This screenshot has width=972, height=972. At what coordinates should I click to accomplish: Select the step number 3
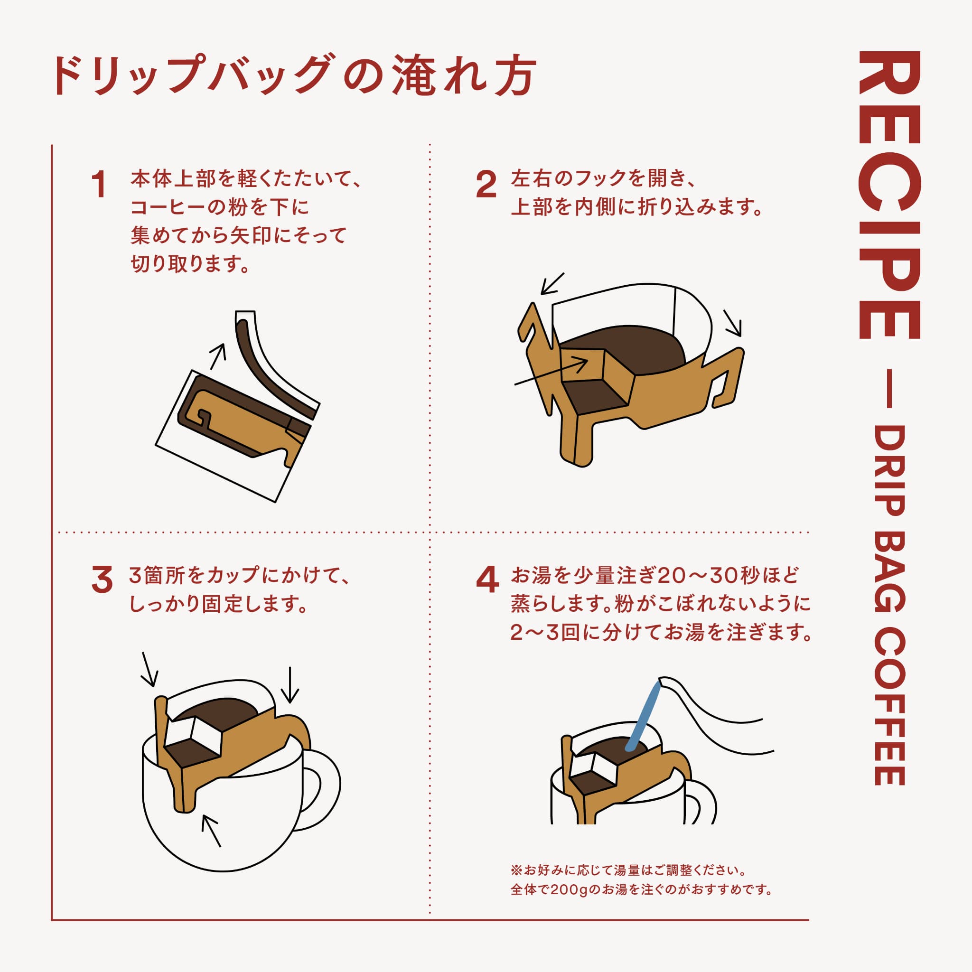102,579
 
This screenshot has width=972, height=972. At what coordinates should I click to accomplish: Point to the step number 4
487,579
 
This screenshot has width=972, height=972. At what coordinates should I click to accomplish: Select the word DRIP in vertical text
889,470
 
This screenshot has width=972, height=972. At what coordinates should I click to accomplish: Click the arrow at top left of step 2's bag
552,284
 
